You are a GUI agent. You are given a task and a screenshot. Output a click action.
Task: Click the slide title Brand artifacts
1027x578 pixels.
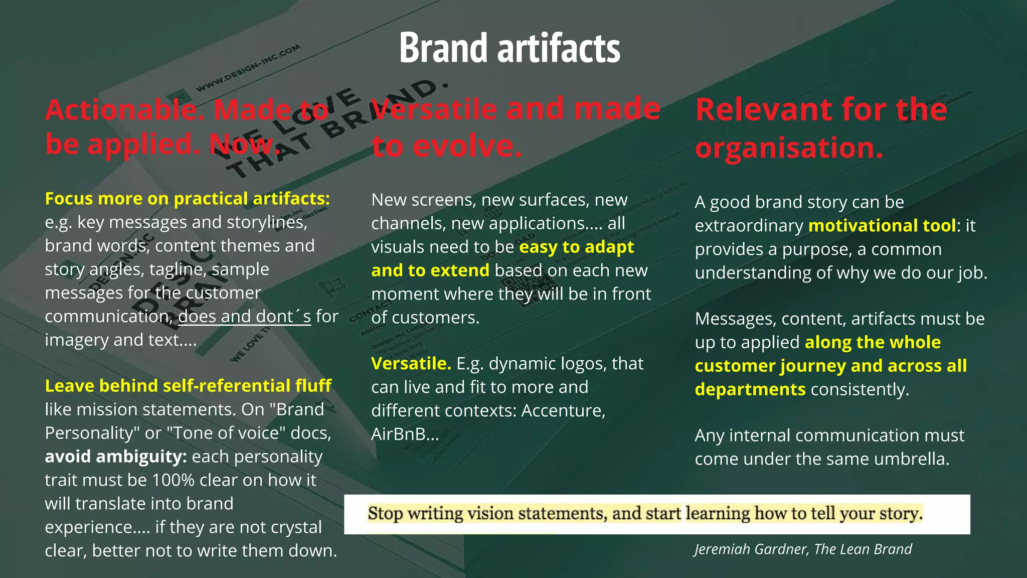(x=509, y=48)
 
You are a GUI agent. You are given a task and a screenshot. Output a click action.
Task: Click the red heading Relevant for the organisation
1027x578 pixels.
(x=821, y=128)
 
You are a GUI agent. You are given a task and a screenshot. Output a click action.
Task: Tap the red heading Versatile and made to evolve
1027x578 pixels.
(x=516, y=127)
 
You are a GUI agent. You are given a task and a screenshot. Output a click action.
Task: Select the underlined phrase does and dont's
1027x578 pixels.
(x=244, y=317)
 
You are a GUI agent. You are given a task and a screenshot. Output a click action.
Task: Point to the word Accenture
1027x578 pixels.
(x=563, y=411)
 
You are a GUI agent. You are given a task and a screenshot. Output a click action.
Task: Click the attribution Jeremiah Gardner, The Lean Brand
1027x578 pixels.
(x=803, y=549)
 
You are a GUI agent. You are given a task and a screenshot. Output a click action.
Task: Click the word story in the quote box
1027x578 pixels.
(x=896, y=514)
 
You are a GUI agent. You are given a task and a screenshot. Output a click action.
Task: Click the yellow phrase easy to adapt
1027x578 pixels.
(x=576, y=247)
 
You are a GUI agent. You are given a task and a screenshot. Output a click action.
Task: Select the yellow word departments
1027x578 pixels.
(x=750, y=389)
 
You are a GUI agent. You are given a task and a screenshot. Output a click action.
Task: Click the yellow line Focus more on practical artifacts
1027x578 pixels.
(x=188, y=199)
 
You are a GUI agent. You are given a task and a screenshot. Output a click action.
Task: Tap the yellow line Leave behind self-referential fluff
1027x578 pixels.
(x=188, y=386)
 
